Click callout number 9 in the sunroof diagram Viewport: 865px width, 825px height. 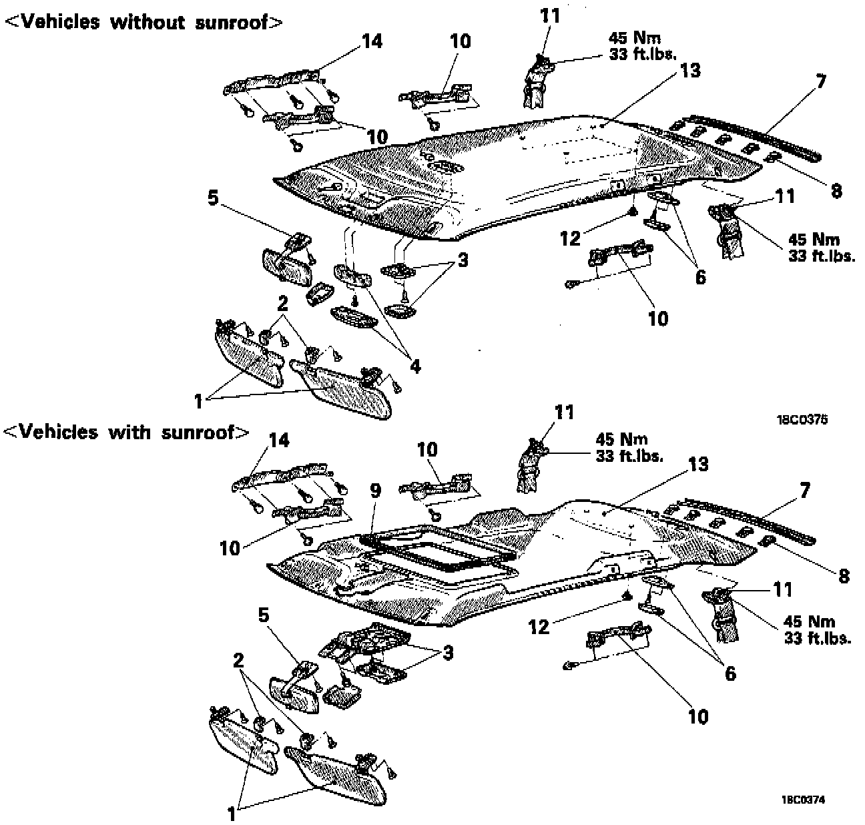click(x=376, y=491)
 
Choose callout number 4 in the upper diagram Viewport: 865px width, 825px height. click(x=414, y=366)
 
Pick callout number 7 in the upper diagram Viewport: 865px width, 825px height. click(x=821, y=82)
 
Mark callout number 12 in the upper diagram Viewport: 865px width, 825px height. click(x=571, y=238)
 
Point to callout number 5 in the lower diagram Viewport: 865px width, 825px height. click(x=264, y=615)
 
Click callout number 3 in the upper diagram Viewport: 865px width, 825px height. click(x=461, y=259)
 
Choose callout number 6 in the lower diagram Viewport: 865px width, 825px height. click(x=730, y=673)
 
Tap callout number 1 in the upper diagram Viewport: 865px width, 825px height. click(x=198, y=401)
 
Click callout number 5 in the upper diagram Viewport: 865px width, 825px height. click(x=214, y=200)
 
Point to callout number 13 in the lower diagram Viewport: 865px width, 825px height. click(x=698, y=463)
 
